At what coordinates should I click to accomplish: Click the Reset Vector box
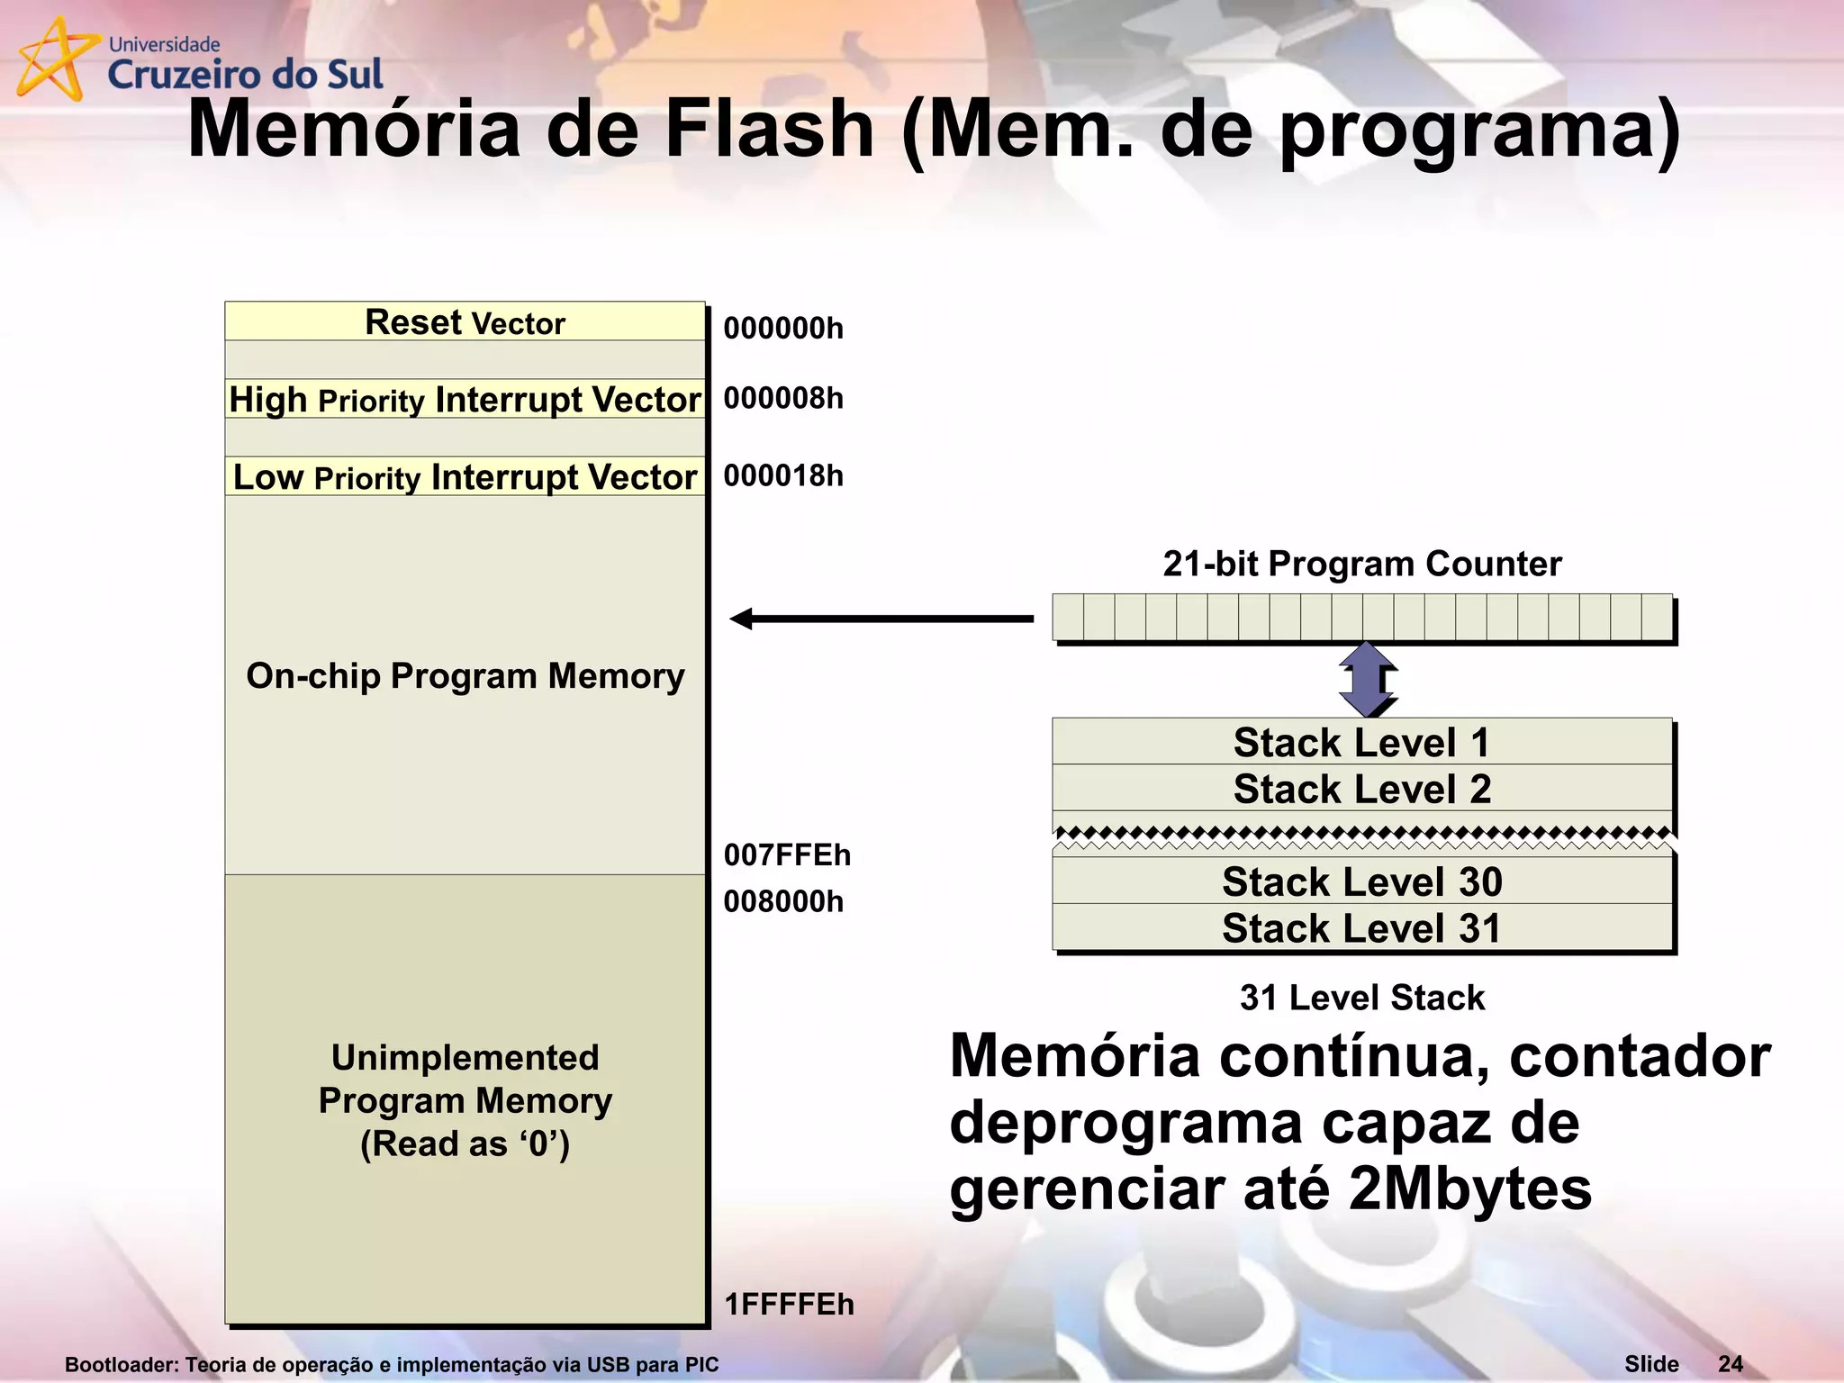point(465,321)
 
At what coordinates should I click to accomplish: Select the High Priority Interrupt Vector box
point(465,399)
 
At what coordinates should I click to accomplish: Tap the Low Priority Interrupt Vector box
point(465,476)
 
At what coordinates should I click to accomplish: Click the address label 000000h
point(783,328)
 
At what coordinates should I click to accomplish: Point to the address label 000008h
point(783,398)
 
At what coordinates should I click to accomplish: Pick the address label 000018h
point(783,475)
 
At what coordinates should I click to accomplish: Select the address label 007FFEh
point(787,854)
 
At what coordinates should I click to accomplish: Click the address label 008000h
point(783,901)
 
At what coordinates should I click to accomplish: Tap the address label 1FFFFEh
point(789,1304)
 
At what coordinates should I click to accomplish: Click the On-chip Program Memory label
point(466,675)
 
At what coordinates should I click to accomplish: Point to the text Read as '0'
point(466,1143)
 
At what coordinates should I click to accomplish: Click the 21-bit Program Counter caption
point(1361,564)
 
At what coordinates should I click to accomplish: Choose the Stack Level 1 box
point(1361,742)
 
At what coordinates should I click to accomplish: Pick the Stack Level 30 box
point(1361,881)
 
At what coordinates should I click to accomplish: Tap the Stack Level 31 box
point(1361,927)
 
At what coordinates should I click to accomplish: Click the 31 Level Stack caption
point(1361,998)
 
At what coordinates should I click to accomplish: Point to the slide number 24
point(1730,1363)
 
